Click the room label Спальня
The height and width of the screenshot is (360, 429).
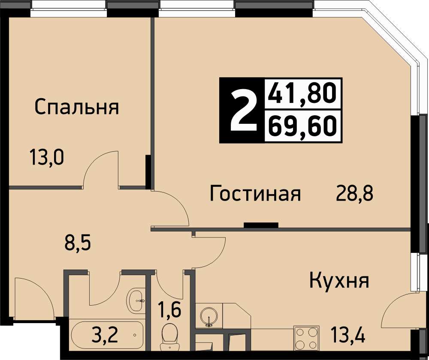click(x=77, y=107)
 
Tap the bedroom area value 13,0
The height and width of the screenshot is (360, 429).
click(x=47, y=157)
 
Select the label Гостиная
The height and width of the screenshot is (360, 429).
click(x=255, y=193)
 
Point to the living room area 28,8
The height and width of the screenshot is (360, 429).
click(x=354, y=193)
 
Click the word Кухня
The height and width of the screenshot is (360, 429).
click(x=339, y=280)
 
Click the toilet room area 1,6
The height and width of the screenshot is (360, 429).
click(x=169, y=310)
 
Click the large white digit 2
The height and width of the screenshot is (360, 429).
click(x=243, y=111)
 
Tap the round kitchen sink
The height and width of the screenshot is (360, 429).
click(x=209, y=317)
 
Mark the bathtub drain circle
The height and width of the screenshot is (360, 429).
click(x=135, y=335)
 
